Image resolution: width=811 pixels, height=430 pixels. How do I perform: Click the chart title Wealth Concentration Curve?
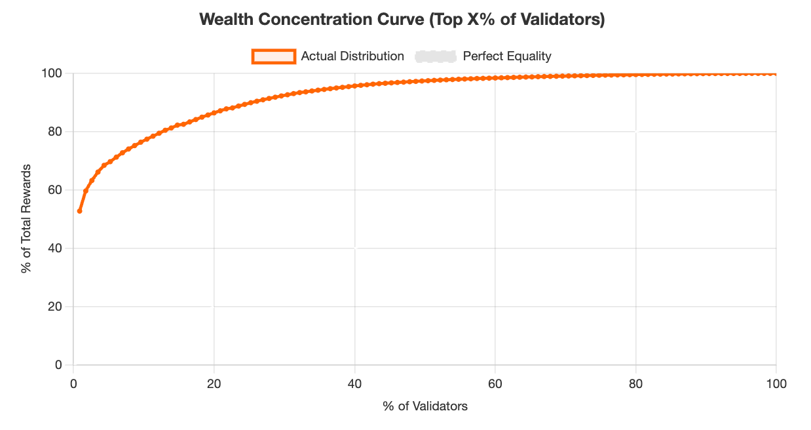pyautogui.click(x=402, y=20)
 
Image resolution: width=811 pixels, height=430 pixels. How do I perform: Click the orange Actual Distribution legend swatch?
pyautogui.click(x=274, y=56)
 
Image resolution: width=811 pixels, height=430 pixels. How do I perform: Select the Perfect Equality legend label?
pyautogui.click(x=506, y=56)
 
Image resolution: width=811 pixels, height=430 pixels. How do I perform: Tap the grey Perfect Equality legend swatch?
pyautogui.click(x=435, y=56)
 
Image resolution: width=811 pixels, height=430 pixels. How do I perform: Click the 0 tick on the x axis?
pyautogui.click(x=73, y=383)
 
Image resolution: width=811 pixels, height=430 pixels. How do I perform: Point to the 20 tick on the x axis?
pyautogui.click(x=214, y=383)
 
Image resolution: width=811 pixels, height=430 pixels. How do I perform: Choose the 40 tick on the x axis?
pyautogui.click(x=354, y=383)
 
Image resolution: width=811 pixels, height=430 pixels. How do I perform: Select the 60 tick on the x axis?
pyautogui.click(x=495, y=383)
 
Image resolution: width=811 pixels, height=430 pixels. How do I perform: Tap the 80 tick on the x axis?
pyautogui.click(x=635, y=383)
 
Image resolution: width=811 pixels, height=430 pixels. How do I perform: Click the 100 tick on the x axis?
pyautogui.click(x=776, y=383)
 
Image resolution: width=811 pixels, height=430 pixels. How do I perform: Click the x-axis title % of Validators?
pyautogui.click(x=425, y=406)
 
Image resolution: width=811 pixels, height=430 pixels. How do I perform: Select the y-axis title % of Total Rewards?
pyautogui.click(x=26, y=219)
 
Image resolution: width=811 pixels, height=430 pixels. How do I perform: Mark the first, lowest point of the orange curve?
pyautogui.click(x=80, y=211)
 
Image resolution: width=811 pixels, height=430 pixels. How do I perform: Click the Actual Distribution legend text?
pyautogui.click(x=352, y=56)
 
